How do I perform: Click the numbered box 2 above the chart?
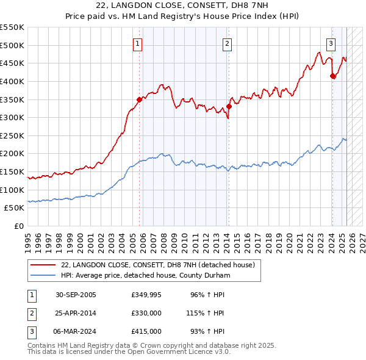click(x=227, y=43)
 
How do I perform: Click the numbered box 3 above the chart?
click(x=331, y=43)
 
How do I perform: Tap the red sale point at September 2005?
click(x=139, y=99)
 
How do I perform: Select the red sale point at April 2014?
click(x=229, y=106)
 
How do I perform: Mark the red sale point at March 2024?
click(x=332, y=76)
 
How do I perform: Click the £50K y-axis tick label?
click(x=14, y=208)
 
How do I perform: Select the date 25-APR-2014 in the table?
click(x=76, y=313)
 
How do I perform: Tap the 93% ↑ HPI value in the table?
click(x=207, y=331)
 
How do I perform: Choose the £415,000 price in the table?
click(x=146, y=331)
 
